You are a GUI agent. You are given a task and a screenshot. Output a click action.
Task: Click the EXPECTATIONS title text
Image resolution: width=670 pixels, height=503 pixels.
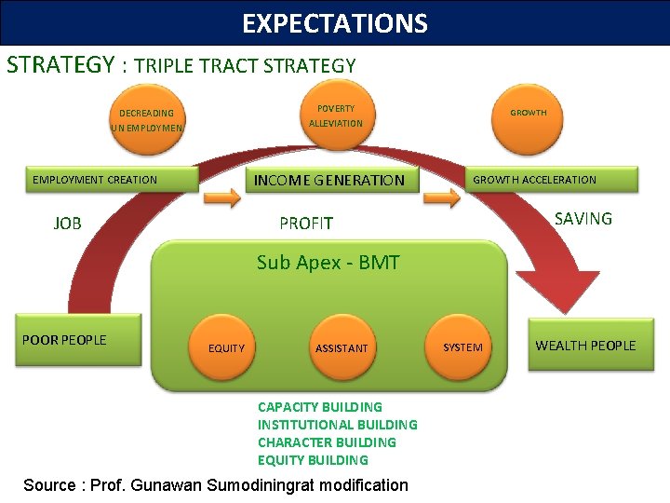pyautogui.click(x=335, y=23)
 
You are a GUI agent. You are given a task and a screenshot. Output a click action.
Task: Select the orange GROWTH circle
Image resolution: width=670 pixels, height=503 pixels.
pyautogui.click(x=528, y=114)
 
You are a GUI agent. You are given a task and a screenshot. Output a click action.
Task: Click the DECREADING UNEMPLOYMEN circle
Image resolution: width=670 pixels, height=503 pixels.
pyautogui.click(x=146, y=120)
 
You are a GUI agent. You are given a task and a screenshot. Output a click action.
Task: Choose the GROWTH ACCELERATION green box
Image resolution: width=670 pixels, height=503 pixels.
pyautogui.click(x=552, y=180)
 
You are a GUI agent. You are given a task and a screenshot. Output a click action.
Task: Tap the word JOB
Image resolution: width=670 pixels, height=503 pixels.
pyautogui.click(x=68, y=224)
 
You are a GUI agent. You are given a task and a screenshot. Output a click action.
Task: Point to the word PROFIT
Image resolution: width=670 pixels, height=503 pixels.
pyautogui.click(x=306, y=224)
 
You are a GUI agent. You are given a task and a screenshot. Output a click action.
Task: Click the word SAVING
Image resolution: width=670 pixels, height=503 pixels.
pyautogui.click(x=583, y=219)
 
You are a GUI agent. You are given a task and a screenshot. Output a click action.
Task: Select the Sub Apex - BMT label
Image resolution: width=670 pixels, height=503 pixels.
pyautogui.click(x=328, y=263)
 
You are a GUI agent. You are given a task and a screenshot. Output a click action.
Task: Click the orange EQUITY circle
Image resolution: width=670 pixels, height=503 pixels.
pyautogui.click(x=226, y=348)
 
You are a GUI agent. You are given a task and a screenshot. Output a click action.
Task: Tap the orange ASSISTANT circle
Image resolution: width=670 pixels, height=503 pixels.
pyautogui.click(x=341, y=348)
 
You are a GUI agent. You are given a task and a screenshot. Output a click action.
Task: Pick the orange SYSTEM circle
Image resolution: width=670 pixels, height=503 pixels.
pyautogui.click(x=462, y=347)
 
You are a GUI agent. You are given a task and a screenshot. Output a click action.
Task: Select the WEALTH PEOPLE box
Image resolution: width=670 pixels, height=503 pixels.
pyautogui.click(x=584, y=346)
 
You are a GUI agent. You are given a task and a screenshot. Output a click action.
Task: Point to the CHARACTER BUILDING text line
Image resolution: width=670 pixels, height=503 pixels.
pyautogui.click(x=327, y=442)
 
